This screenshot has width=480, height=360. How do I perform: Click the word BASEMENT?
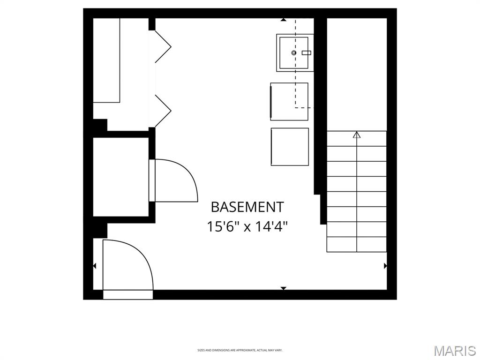click(x=247, y=207)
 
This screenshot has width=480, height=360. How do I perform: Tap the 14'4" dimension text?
click(x=271, y=227)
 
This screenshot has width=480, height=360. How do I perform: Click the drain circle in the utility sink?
click(x=294, y=53)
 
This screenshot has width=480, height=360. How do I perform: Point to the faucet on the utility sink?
click(x=307, y=53)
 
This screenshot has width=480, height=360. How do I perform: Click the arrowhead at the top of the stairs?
click(x=357, y=135)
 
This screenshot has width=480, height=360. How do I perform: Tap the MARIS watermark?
click(x=454, y=351)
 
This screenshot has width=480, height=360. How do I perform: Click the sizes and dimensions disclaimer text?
click(x=240, y=350)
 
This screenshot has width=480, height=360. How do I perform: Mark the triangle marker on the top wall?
click(x=283, y=20)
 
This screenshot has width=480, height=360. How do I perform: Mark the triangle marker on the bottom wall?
click(x=283, y=288)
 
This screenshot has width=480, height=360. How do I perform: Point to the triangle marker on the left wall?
click(x=94, y=266)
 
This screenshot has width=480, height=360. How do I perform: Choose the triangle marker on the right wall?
click(x=385, y=266)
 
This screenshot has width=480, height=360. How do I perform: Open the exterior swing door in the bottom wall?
click(x=127, y=265)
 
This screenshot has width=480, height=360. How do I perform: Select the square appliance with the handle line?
click(x=289, y=101)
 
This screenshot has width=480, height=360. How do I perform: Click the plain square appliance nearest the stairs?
click(x=290, y=146)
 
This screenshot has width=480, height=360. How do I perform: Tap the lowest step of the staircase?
click(x=356, y=244)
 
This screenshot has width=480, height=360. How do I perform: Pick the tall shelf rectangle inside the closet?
click(x=107, y=60)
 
